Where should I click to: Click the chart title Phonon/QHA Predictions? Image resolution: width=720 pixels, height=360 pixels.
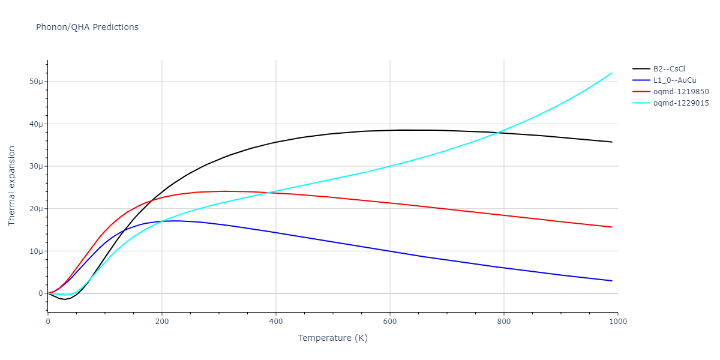tap(87, 27)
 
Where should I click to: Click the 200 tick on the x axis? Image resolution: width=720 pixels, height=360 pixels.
tap(161, 322)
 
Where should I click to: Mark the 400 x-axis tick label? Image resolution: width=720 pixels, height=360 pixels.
tap(275, 322)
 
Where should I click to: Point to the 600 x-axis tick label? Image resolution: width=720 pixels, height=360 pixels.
tap(389, 322)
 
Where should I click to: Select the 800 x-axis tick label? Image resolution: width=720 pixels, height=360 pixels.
tap(503, 322)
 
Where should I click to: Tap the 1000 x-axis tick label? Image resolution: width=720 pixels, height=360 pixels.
tap(617, 322)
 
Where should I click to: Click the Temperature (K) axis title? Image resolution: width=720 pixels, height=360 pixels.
tap(332, 338)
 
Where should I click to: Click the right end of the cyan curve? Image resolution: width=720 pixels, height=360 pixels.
tap(612, 73)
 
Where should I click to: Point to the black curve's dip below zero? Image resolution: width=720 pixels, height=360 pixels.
tap(65, 299)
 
